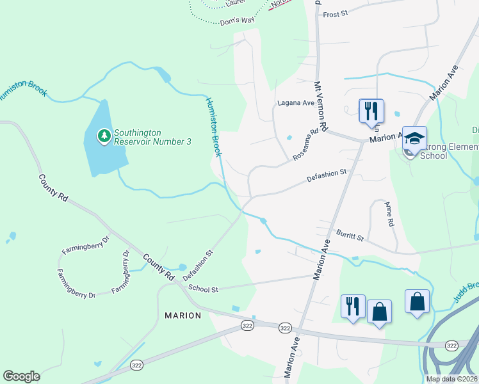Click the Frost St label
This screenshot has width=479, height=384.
pyautogui.click(x=335, y=14)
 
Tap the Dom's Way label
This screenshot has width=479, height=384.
pyautogui.click(x=238, y=20)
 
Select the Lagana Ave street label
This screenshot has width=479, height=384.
pyautogui.click(x=295, y=102)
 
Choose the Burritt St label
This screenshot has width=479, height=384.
pyautogui.click(x=351, y=236)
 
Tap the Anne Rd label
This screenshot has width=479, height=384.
pyautogui.click(x=389, y=214)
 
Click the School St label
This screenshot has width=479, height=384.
pyautogui.click(x=204, y=289)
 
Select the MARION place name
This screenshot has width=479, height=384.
pyautogui.click(x=183, y=316)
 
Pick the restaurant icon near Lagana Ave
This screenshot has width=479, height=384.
pyautogui.click(x=371, y=111)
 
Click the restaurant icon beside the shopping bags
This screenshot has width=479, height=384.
pyautogui.click(x=353, y=306)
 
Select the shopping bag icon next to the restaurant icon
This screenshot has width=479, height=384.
pyautogui.click(x=380, y=312)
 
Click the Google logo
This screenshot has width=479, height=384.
pyautogui.click(x=21, y=376)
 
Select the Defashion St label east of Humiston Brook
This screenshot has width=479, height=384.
pyautogui.click(x=326, y=173)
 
